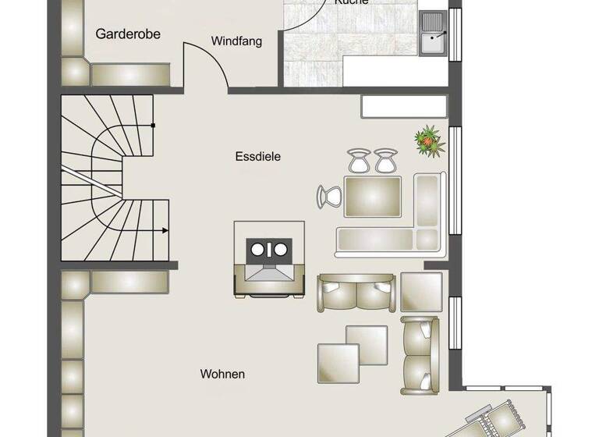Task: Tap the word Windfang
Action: [x=236, y=41]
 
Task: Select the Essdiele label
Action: [x=257, y=156]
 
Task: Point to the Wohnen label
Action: [x=222, y=375]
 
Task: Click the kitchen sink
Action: [x=432, y=33]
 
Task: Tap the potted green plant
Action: [x=427, y=141]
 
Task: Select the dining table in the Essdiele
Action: [x=372, y=194]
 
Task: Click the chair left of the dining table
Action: [x=328, y=196]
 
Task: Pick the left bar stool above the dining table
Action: [x=358, y=161]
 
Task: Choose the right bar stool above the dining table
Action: [x=385, y=161]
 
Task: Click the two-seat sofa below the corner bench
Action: [x=356, y=292]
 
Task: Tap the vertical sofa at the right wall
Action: [x=420, y=354]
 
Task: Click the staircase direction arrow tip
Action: [x=167, y=230]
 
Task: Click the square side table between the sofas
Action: [x=421, y=291]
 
